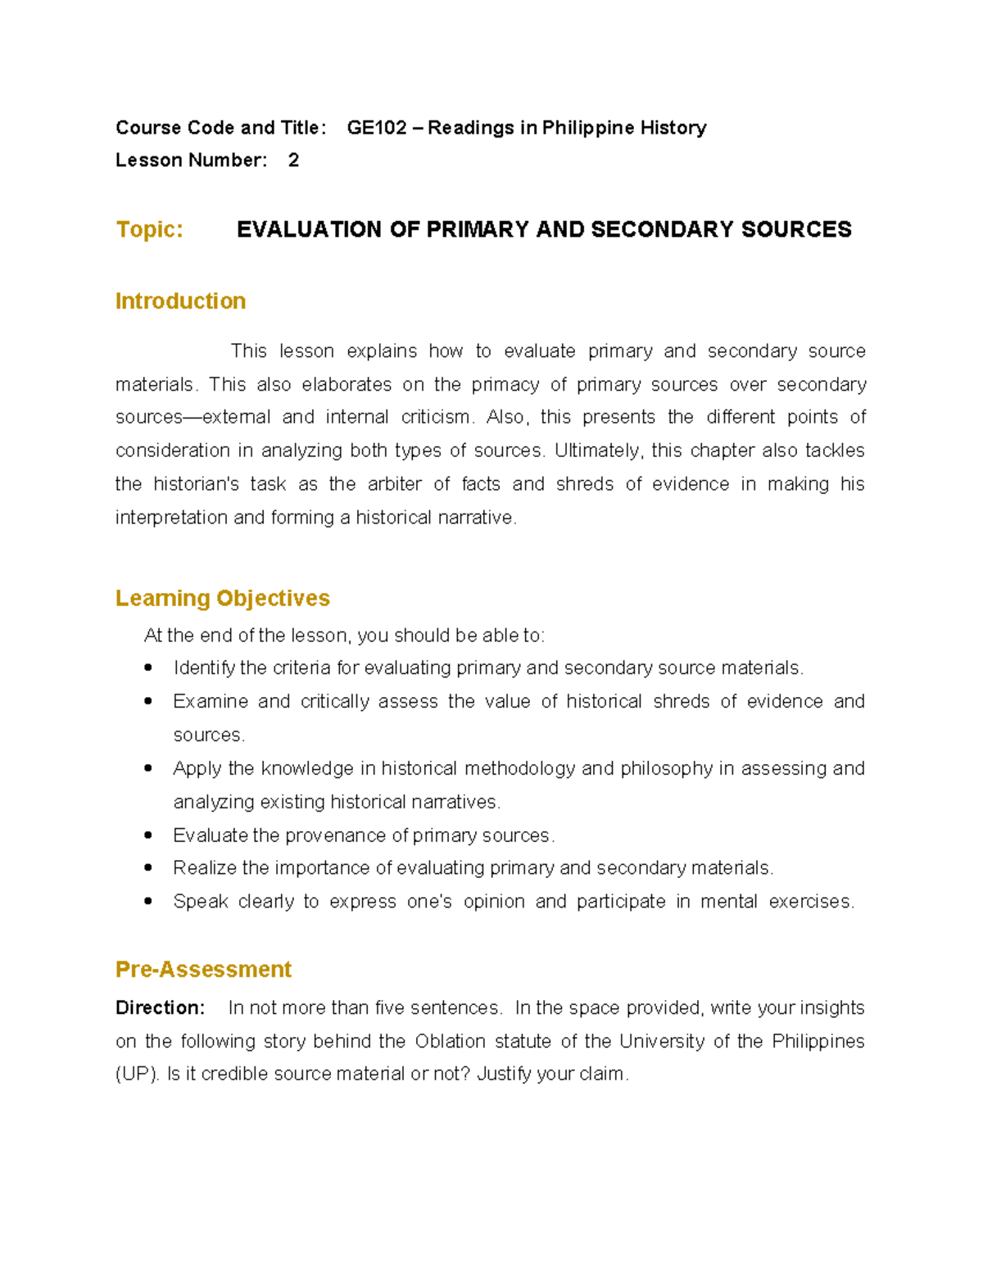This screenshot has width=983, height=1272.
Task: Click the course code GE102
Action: [x=376, y=128]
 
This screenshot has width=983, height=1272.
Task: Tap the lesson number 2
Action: [x=293, y=161]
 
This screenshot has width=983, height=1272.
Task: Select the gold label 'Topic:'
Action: [x=149, y=229]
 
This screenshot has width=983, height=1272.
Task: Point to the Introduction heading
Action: [x=180, y=301]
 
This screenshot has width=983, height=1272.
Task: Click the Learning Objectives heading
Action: [x=222, y=599]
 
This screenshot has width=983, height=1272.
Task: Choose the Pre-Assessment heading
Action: [x=203, y=970]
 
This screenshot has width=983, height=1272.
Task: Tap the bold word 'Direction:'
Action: [x=160, y=1008]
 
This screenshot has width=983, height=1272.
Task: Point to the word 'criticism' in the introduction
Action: [x=437, y=418]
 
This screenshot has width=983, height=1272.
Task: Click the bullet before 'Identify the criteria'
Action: [x=148, y=668]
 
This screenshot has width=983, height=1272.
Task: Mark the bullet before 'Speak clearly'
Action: [x=148, y=902]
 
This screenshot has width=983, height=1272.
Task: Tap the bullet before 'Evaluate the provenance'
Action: [x=148, y=835]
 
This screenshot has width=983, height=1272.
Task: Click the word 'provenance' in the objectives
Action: [x=335, y=835]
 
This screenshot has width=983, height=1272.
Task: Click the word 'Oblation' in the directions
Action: [x=451, y=1042]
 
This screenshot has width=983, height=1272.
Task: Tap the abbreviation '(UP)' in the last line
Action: [x=137, y=1075]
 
